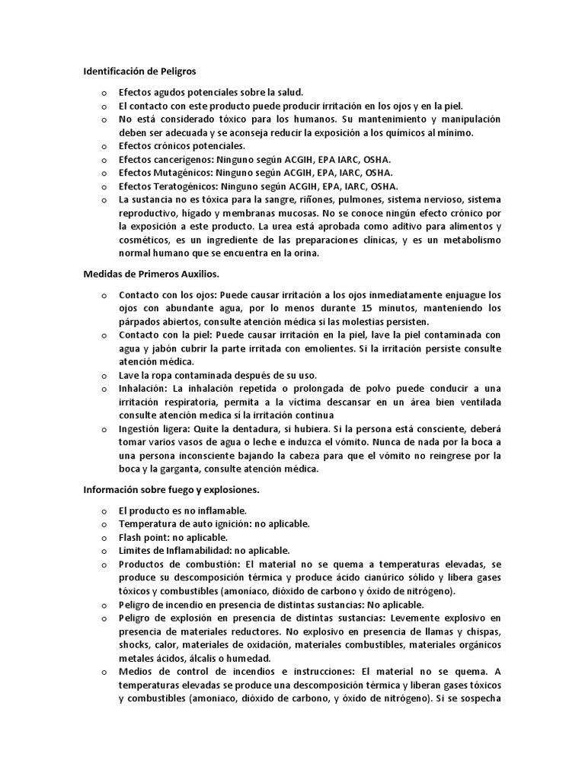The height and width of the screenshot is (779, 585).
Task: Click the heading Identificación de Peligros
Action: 139,72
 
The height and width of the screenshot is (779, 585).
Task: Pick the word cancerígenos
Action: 184,160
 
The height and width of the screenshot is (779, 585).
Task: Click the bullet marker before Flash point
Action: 104,537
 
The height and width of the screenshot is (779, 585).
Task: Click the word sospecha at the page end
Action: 478,698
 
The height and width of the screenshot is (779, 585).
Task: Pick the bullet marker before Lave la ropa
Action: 104,376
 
